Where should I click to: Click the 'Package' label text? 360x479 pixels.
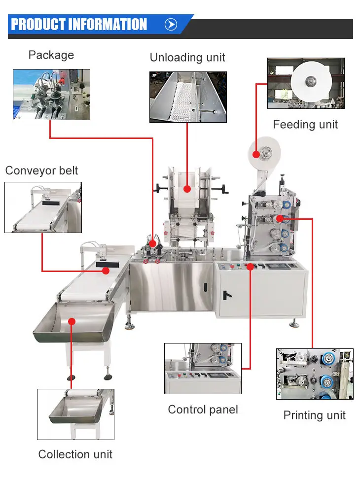click(x=51, y=55)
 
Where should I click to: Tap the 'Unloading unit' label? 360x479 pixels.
click(x=187, y=58)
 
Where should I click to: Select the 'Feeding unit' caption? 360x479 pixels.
click(x=305, y=124)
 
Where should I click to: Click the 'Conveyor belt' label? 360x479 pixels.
click(x=42, y=171)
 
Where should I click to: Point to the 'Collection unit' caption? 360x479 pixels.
click(x=75, y=454)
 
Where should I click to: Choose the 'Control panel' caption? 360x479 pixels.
click(x=203, y=409)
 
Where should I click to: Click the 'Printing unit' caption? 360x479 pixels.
click(x=314, y=415)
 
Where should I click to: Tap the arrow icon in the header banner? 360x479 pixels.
click(x=171, y=25)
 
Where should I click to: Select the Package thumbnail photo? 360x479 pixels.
click(x=51, y=94)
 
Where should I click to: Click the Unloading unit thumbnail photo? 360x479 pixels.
click(x=188, y=97)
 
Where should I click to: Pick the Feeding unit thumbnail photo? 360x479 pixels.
click(x=306, y=83)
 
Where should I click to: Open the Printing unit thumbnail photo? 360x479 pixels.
click(x=315, y=374)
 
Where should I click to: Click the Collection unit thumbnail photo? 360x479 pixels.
click(x=75, y=414)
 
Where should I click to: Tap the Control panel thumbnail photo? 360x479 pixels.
click(x=203, y=369)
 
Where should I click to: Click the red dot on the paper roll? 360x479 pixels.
click(x=256, y=154)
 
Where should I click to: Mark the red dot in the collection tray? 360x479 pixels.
click(x=72, y=321)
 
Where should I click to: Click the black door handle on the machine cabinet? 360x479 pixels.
click(x=226, y=295)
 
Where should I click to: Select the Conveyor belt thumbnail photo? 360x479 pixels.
click(x=43, y=207)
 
